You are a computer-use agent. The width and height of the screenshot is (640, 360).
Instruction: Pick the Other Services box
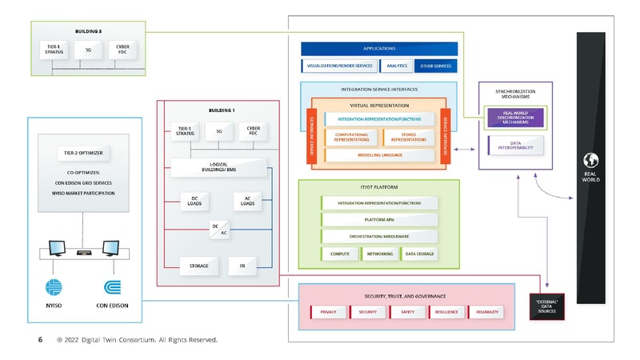click(x=434, y=66)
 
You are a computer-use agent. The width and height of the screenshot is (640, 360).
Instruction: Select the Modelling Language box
click(x=379, y=154)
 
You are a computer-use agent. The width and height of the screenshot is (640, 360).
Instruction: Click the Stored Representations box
click(x=408, y=137)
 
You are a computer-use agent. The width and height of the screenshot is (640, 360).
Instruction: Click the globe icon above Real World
click(x=592, y=158)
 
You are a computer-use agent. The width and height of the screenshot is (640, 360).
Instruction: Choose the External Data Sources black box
click(x=546, y=306)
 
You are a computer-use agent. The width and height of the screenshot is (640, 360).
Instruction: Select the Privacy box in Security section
click(x=328, y=311)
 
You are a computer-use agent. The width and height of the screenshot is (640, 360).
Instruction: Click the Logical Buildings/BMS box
click(x=218, y=166)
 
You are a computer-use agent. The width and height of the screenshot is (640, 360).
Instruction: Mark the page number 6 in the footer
click(x=40, y=340)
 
